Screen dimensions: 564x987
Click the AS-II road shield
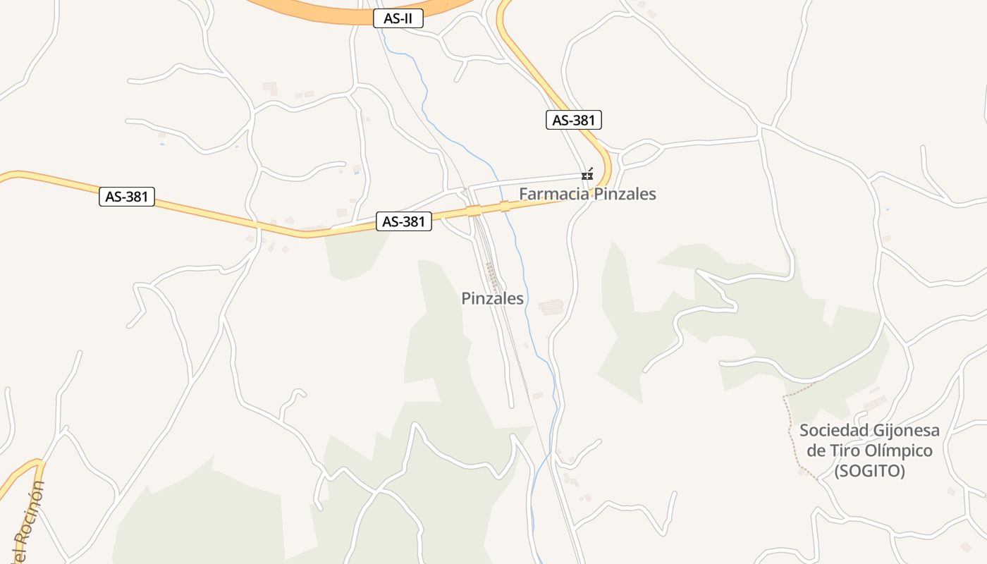coord(398,19)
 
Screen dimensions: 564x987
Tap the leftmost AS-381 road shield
coord(127,197)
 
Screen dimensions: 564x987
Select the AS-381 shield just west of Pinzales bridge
coord(403,221)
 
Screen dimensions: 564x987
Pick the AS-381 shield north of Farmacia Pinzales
coord(574,120)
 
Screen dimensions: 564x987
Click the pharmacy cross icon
coord(587,175)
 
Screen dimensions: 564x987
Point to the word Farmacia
coord(554,194)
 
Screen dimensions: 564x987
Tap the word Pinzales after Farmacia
coord(625,194)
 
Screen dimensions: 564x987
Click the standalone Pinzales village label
coord(492,298)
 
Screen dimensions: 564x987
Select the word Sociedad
coord(833,431)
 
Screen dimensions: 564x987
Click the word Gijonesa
coord(905,431)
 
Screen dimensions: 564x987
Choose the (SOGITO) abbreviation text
coord(869,472)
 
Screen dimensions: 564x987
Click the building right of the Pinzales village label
coord(551,307)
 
